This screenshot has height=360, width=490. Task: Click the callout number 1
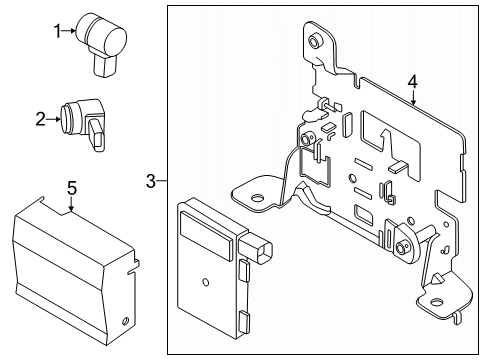57,31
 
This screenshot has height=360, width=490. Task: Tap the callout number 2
40,120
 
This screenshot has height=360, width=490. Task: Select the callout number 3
150,181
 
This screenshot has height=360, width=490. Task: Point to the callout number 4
410,82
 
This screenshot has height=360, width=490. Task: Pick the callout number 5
71,187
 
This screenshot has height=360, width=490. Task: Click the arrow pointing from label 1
69,31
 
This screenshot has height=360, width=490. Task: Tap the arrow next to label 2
52,120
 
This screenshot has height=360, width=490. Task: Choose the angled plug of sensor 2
98,135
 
